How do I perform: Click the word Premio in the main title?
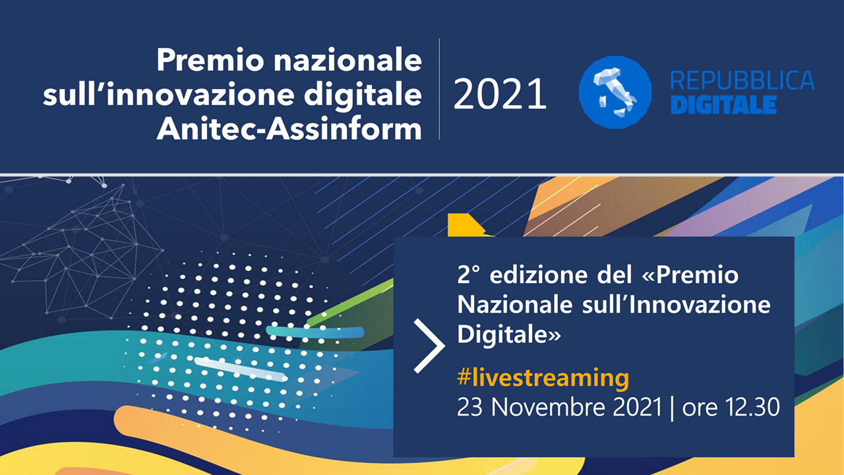[210, 60]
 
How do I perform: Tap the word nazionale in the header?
[347, 60]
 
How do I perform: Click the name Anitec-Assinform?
[289, 129]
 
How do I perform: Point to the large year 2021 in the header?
[500, 94]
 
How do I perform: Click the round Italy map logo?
[615, 92]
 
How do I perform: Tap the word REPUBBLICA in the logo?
[742, 80]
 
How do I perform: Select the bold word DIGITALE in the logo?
[724, 104]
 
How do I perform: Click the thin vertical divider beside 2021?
[439, 89]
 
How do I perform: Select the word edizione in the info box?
[539, 275]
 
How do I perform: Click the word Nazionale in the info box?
[515, 305]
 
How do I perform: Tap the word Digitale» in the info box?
[508, 334]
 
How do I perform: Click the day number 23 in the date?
[469, 407]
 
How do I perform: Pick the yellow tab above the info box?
[466, 225]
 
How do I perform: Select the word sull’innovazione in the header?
[168, 95]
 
